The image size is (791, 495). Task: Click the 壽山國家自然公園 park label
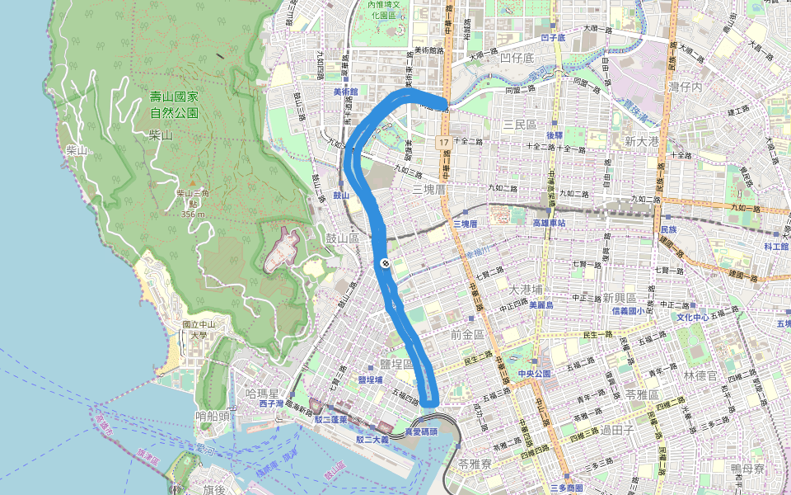174,104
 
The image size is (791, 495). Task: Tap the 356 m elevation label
192,214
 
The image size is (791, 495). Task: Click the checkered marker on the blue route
385,262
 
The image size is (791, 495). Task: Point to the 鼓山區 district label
343,238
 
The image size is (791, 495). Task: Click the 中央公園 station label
534,373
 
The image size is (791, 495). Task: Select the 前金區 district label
466,333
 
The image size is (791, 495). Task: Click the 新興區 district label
619,298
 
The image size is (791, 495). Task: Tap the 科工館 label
776,247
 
